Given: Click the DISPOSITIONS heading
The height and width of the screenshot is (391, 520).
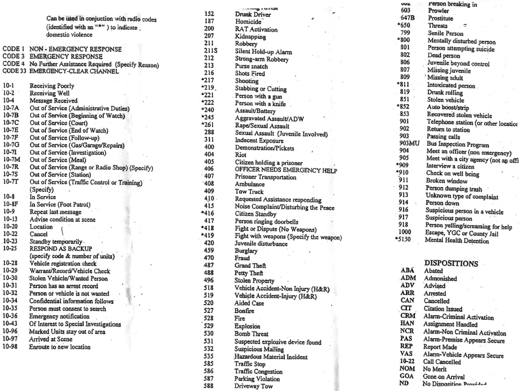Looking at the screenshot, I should (x=451, y=263).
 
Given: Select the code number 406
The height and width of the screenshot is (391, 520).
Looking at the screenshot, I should (x=209, y=169).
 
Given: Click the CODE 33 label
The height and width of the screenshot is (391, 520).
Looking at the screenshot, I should (x=14, y=71).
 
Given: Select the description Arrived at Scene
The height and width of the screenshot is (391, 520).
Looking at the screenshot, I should (x=51, y=339).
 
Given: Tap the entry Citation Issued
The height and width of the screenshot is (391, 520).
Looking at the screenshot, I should (x=443, y=309).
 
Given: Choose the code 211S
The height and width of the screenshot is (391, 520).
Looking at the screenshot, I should (x=210, y=51).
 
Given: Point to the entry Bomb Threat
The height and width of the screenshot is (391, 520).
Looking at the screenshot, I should (x=251, y=334).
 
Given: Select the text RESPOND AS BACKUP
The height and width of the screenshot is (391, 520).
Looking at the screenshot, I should (x=60, y=249).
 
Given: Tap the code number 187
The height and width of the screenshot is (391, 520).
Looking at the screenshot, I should (x=209, y=21).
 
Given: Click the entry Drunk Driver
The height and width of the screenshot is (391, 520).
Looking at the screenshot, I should (x=253, y=15).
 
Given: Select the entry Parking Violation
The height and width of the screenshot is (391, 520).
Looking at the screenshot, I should (x=257, y=379).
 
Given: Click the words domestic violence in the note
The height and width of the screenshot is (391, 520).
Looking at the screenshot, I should (x=69, y=35).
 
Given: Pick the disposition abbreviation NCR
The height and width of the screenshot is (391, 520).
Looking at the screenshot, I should (x=407, y=331).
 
